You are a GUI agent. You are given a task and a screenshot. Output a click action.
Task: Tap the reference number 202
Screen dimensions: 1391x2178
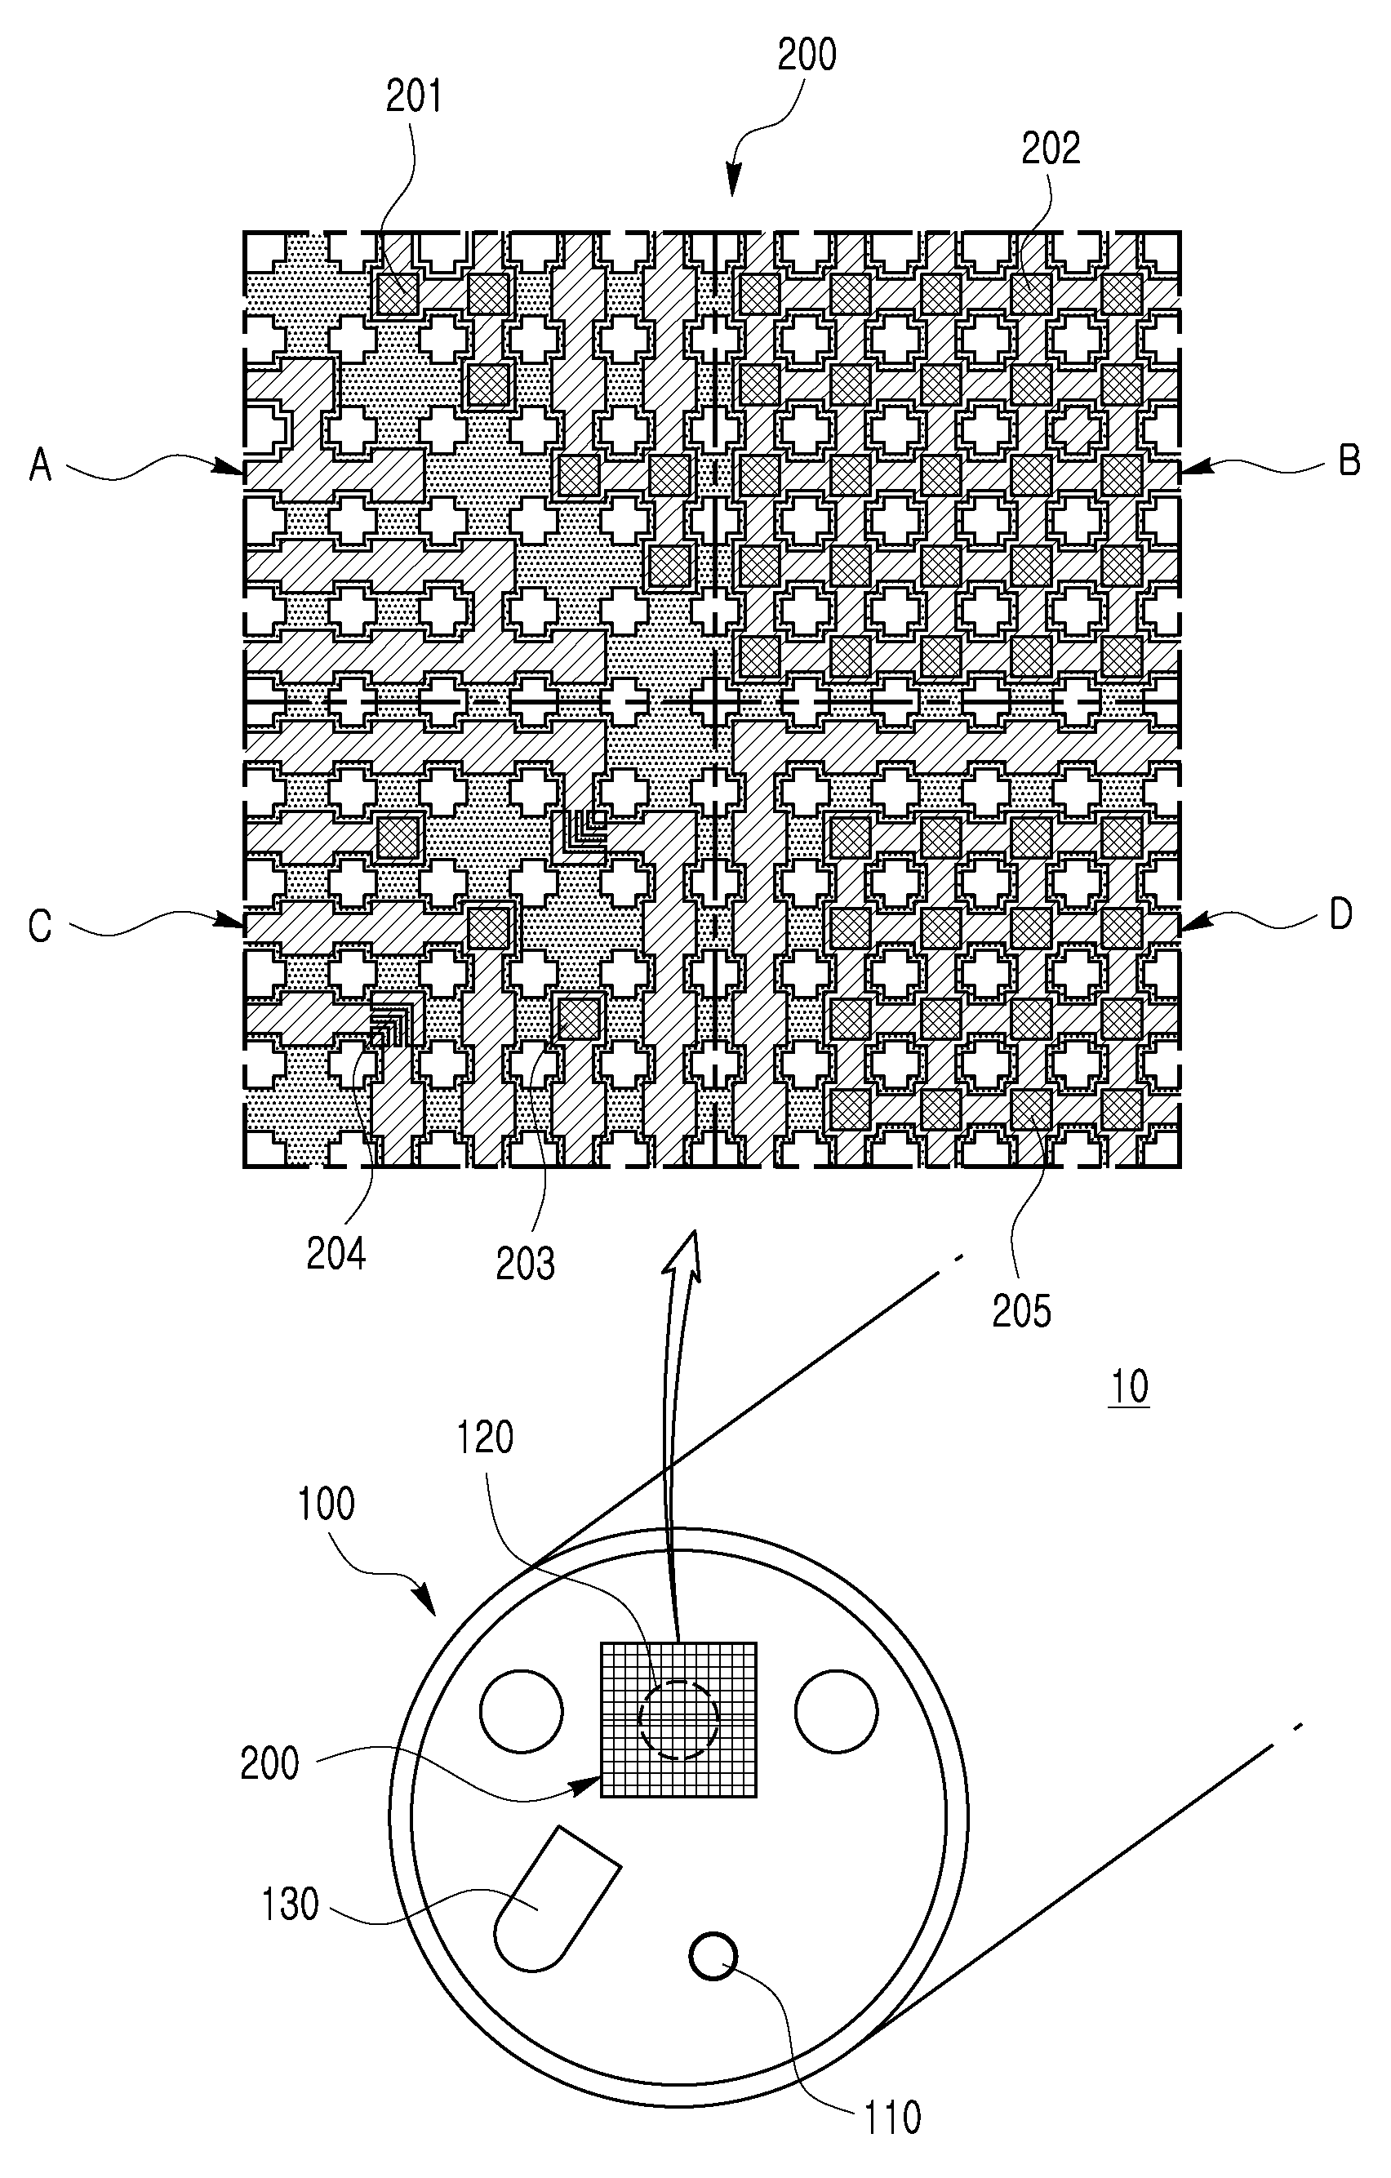(x=1051, y=149)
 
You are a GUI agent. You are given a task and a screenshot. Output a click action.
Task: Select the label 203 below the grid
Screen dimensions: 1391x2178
(x=526, y=1264)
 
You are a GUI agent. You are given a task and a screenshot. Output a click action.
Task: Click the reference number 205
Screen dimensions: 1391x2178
(x=1022, y=1312)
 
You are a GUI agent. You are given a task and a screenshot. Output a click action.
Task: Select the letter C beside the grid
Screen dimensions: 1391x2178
(x=41, y=927)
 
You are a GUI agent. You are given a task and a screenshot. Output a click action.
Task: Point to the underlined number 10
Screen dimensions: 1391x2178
(x=1129, y=1387)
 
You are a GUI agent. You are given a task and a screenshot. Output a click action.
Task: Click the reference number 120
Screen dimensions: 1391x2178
(x=486, y=1438)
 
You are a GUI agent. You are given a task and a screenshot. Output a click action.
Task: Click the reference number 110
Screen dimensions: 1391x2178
(x=893, y=2118)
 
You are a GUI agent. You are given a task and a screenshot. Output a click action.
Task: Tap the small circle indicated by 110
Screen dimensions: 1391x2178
(x=713, y=1955)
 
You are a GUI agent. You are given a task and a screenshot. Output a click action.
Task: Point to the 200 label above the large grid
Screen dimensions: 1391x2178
(x=807, y=56)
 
